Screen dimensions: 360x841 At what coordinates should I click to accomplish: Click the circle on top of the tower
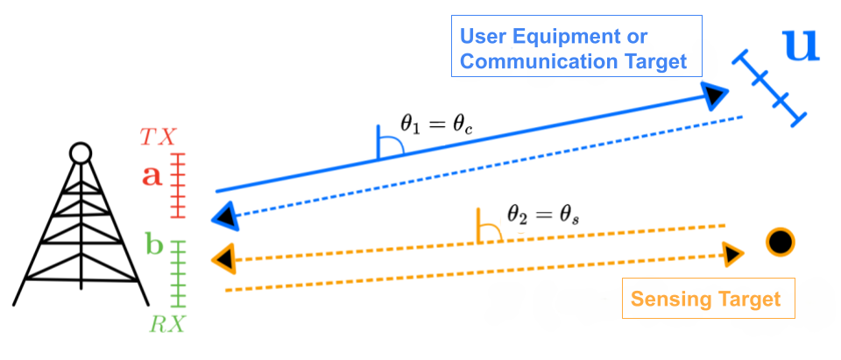[x=80, y=153]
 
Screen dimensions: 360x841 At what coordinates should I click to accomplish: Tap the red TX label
[x=159, y=137]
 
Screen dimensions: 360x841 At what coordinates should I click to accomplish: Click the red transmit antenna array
[x=179, y=185]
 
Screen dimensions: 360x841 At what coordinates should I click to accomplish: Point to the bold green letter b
[x=154, y=245]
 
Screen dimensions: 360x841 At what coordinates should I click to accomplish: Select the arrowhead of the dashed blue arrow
[x=225, y=215]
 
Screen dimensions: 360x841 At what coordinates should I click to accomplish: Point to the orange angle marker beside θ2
[x=487, y=227]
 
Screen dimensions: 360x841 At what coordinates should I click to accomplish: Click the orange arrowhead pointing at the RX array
[x=224, y=258]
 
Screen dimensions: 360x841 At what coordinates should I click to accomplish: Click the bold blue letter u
[x=801, y=46]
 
